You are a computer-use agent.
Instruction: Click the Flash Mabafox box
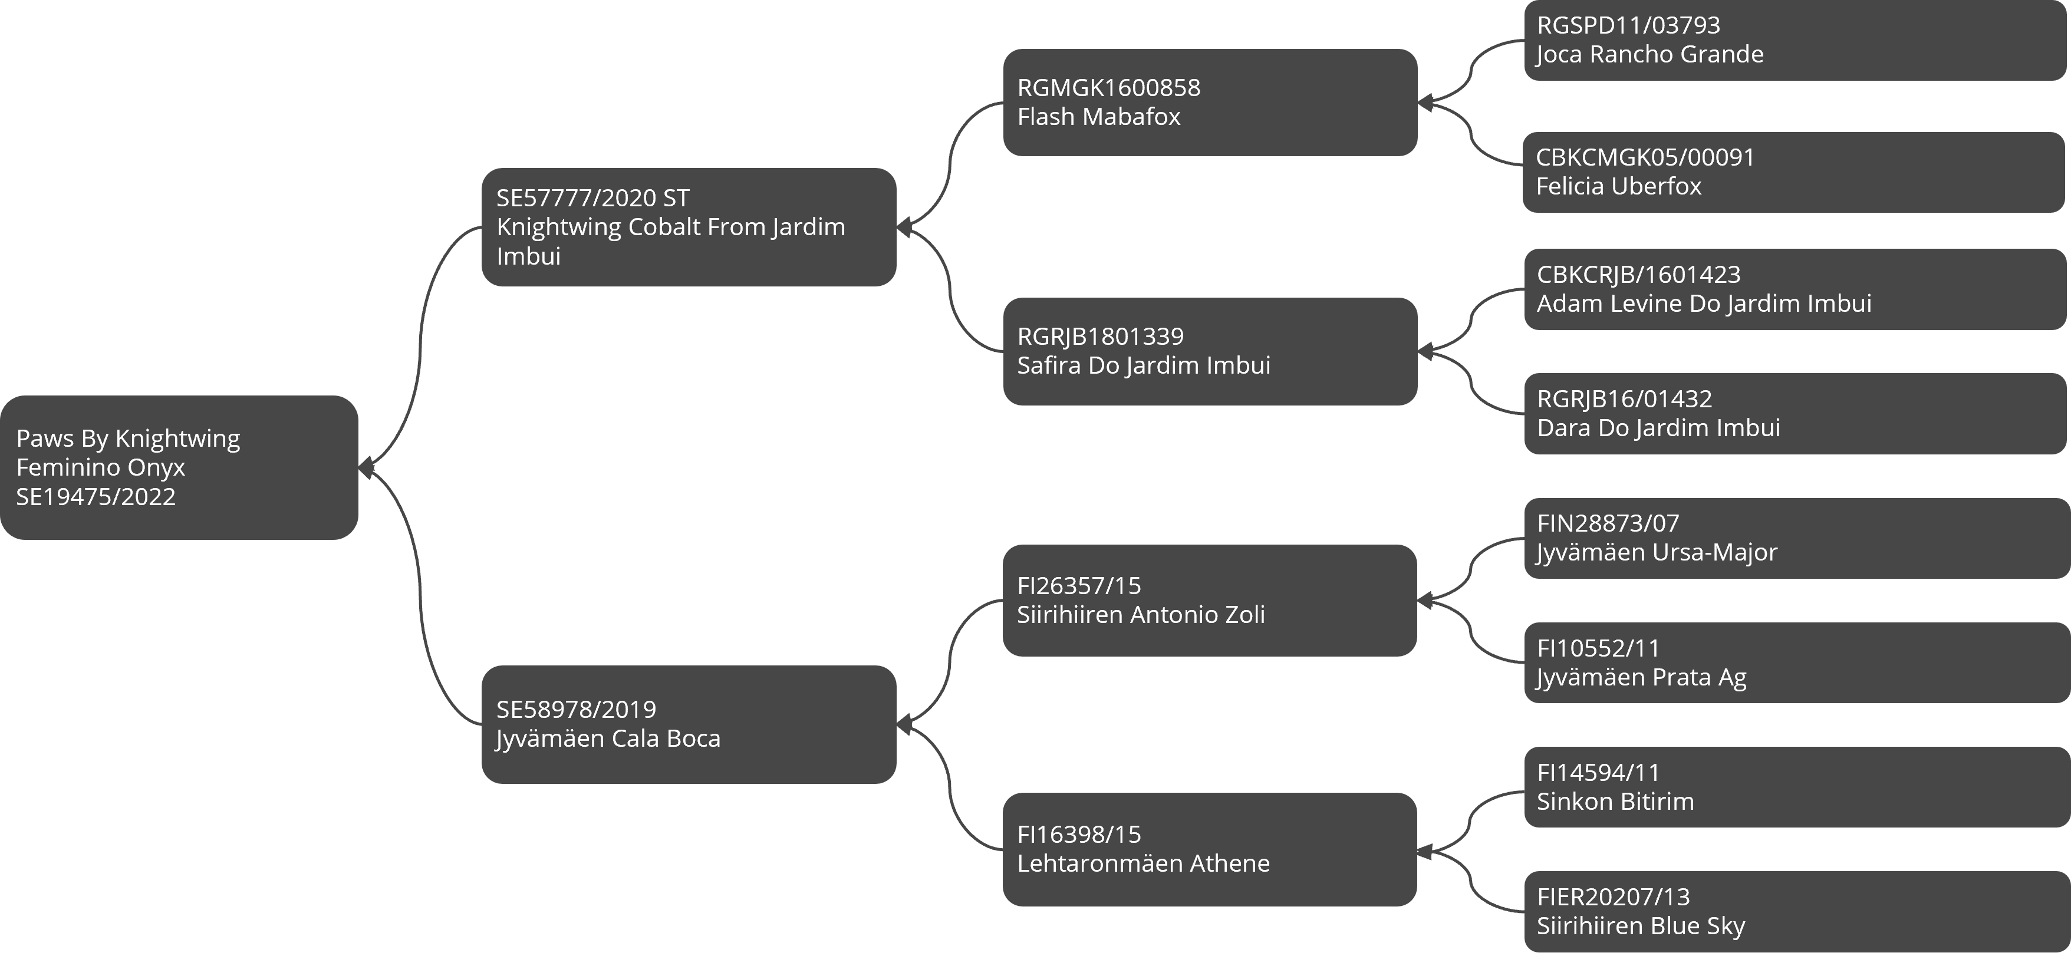point(1210,102)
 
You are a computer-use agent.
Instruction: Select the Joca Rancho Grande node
point(1795,40)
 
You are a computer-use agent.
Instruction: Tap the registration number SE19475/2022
point(96,497)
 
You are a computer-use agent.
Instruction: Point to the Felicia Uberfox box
point(1795,172)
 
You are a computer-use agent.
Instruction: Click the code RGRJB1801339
point(1101,336)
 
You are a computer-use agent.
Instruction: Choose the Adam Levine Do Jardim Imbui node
point(1795,289)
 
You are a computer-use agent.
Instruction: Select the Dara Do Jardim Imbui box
point(1795,413)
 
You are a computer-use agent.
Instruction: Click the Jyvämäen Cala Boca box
point(689,724)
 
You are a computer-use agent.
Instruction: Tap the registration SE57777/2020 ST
point(592,198)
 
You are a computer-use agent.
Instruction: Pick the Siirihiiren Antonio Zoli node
point(1210,601)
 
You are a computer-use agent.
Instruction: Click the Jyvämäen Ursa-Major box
point(1797,539)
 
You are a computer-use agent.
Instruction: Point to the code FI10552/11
point(1598,648)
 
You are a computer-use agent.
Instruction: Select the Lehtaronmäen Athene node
point(1210,850)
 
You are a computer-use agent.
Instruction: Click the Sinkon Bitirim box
point(1797,787)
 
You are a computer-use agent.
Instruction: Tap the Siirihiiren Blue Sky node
point(1797,912)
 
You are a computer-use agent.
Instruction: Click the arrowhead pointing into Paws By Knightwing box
point(366,467)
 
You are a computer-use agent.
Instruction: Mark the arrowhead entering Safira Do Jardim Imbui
point(1425,351)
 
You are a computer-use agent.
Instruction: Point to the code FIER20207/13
point(1613,896)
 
